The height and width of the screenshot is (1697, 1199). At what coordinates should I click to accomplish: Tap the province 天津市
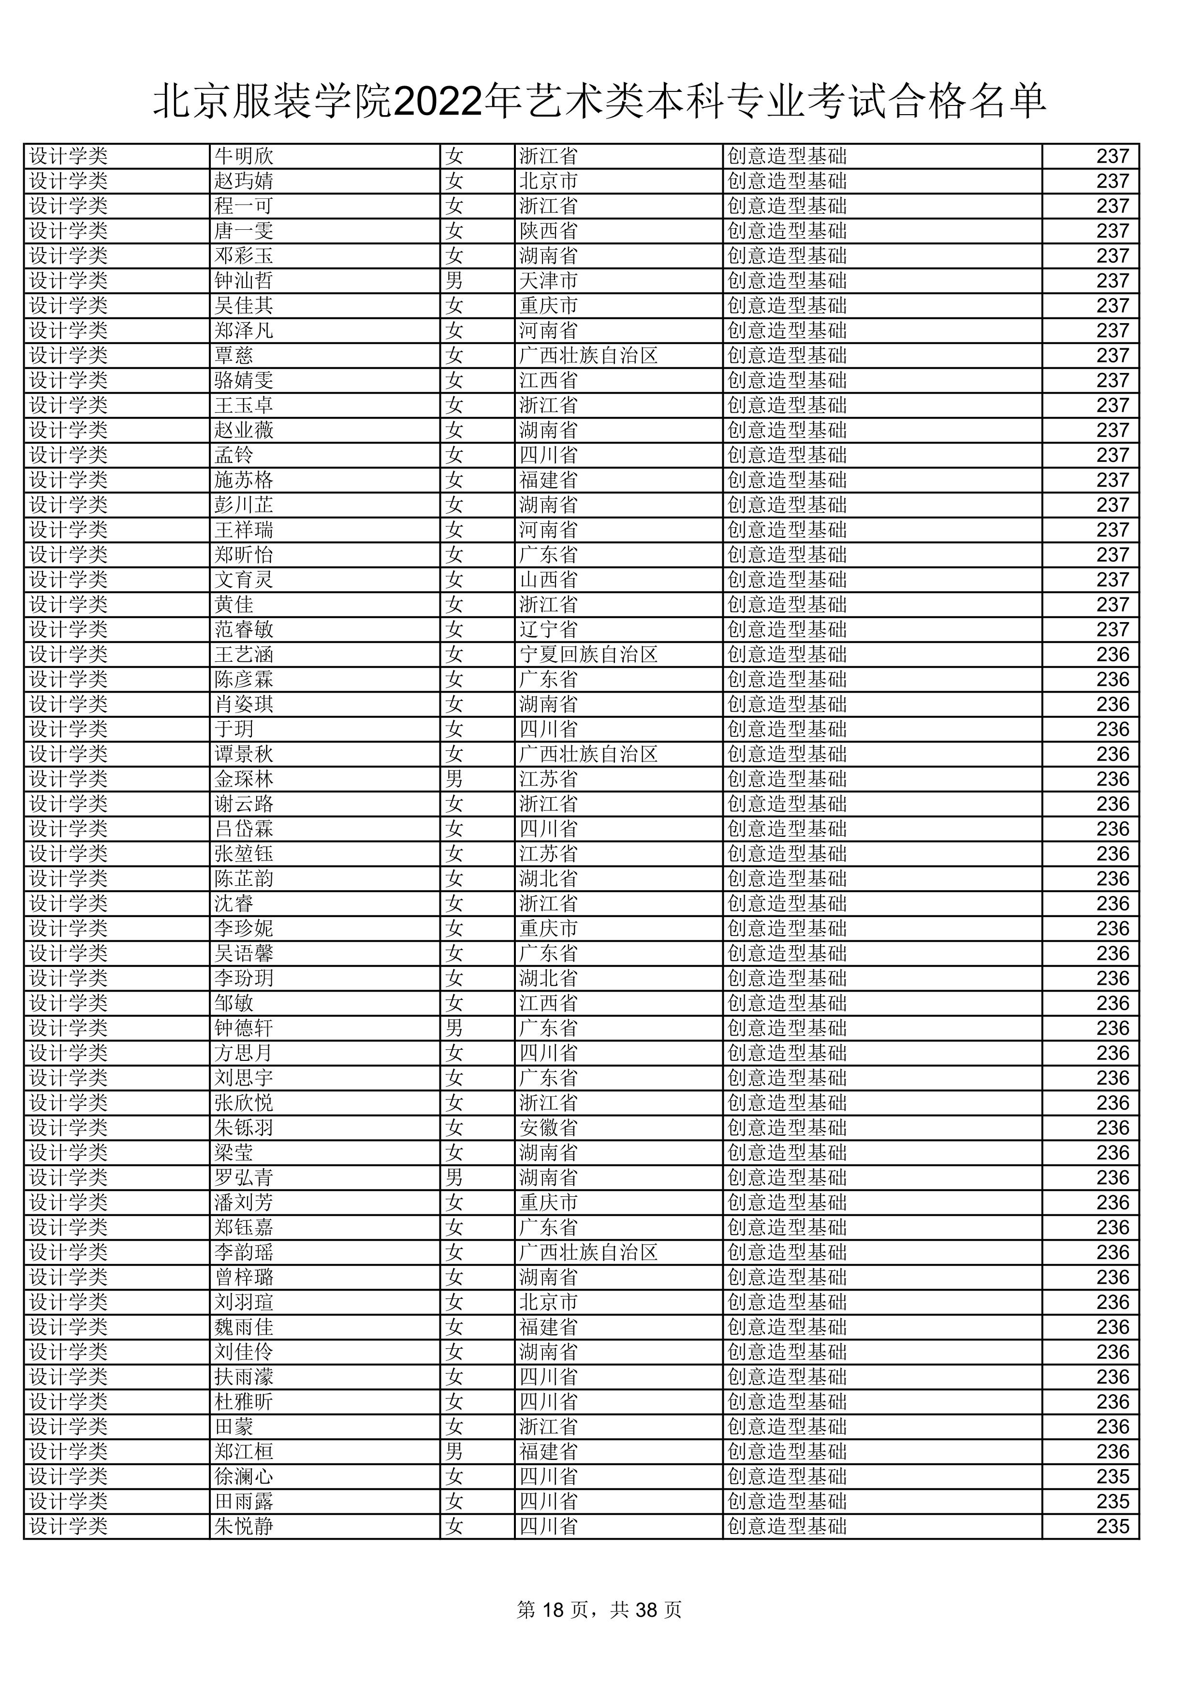pyautogui.click(x=548, y=281)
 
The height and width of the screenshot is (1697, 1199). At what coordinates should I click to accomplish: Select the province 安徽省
pyautogui.click(x=548, y=1128)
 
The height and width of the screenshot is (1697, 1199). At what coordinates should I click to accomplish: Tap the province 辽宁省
pyautogui.click(x=548, y=630)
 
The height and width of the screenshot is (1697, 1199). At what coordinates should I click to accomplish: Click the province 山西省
pyautogui.click(x=548, y=580)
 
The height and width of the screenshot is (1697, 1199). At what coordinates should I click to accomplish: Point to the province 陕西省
pyautogui.click(x=548, y=231)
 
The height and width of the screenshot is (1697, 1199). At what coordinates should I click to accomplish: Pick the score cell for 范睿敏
pyautogui.click(x=1112, y=630)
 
